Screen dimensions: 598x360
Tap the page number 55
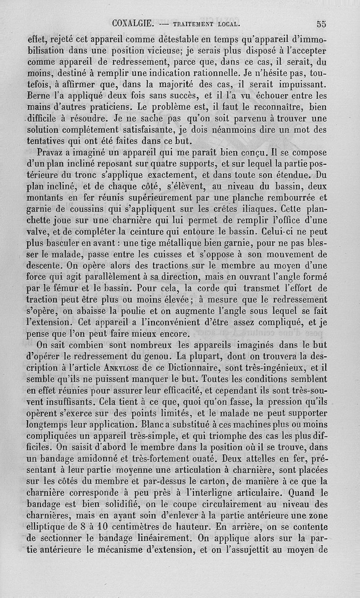pyautogui.click(x=321, y=24)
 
